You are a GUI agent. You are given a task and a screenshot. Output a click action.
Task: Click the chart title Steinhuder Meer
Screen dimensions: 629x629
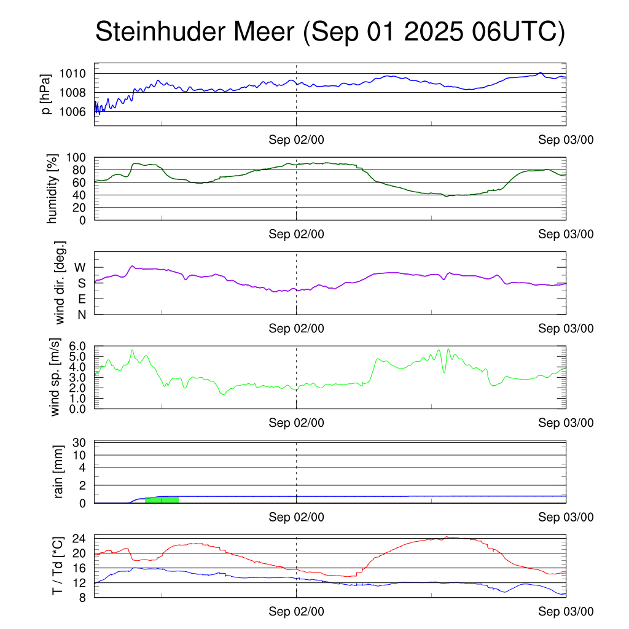(x=329, y=32)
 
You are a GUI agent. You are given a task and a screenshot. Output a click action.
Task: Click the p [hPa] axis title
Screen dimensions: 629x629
(x=45, y=93)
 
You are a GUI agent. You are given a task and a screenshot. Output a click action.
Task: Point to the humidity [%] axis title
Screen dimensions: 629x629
(x=53, y=189)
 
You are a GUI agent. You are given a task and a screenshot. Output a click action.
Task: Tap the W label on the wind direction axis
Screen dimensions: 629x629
(x=80, y=267)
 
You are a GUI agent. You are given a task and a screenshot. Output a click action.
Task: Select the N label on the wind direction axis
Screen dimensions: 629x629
(x=81, y=314)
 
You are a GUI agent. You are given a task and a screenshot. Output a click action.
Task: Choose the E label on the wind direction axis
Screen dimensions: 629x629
(x=81, y=299)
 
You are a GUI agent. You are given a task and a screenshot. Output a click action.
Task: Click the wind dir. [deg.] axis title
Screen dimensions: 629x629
(x=60, y=283)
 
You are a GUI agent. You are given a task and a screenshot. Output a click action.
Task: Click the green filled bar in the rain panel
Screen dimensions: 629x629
(x=162, y=499)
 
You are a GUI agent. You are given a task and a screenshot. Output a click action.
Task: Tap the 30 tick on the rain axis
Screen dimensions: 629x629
(x=80, y=442)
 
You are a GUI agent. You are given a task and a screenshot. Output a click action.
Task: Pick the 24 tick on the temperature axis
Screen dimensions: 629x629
(x=80, y=539)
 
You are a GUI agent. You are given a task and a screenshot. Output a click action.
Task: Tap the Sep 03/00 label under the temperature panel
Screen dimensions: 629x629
(x=566, y=611)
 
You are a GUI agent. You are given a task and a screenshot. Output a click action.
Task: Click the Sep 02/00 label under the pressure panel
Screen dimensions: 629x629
(x=296, y=140)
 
